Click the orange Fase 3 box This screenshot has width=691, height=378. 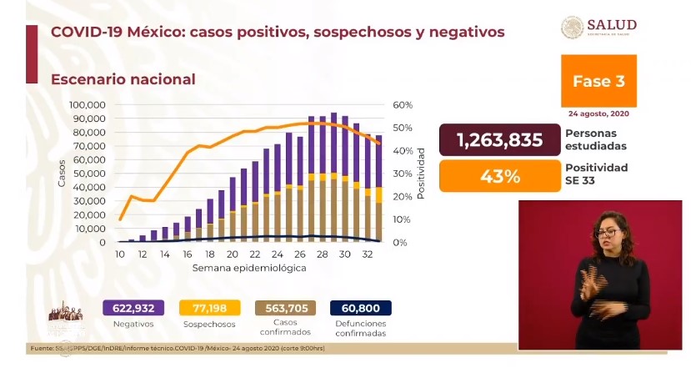(598, 81)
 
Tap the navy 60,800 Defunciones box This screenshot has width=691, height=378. (360, 308)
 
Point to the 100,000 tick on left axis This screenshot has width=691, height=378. (87, 105)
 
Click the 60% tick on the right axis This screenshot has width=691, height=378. (403, 105)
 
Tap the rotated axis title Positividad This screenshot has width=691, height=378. (422, 174)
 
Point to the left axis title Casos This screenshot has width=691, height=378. (62, 173)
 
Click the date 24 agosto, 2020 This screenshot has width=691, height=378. (598, 113)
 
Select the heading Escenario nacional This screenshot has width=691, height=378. (123, 79)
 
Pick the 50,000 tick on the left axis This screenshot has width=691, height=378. (89, 174)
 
